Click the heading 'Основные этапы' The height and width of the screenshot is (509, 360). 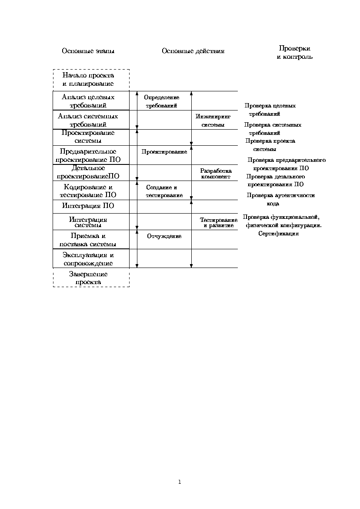(88, 51)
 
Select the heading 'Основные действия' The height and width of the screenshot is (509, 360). (193, 51)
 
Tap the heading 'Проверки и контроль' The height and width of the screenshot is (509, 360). (294, 53)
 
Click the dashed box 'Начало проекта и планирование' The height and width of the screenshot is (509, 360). (91, 80)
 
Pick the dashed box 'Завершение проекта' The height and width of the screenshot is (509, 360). (91, 278)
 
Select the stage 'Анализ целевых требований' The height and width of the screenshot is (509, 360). (91, 101)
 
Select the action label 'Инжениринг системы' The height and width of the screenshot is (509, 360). (213, 121)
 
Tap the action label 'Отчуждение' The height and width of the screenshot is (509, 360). (161, 236)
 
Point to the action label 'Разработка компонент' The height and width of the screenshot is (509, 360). (216, 174)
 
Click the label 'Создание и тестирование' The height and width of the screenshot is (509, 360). (164, 191)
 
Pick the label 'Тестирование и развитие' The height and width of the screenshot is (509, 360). (219, 223)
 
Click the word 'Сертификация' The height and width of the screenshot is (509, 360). (279, 234)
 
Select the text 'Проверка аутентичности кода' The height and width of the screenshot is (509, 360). (280, 199)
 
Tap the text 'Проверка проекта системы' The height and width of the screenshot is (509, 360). (270, 145)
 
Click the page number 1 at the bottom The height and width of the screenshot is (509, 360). (180, 482)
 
